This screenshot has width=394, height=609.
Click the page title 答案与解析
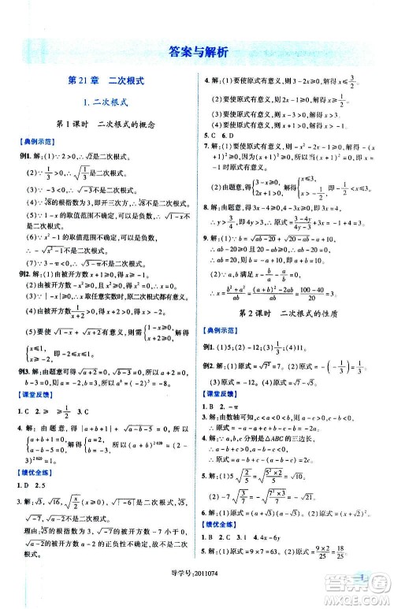pos(198,53)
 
